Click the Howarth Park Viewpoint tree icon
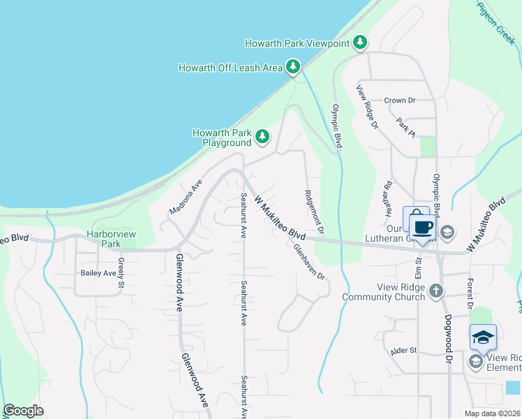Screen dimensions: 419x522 (360, 43)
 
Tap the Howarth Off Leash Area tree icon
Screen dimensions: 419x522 (294, 67)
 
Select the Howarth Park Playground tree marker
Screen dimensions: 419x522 (262, 137)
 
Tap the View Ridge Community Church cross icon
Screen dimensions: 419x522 (435, 291)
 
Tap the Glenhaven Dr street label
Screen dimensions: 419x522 (310, 261)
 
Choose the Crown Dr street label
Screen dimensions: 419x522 (399, 101)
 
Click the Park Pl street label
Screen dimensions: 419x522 (405, 127)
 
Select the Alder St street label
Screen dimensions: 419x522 (403, 350)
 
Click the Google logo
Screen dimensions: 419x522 (24, 411)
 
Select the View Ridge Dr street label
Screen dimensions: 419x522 (367, 107)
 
